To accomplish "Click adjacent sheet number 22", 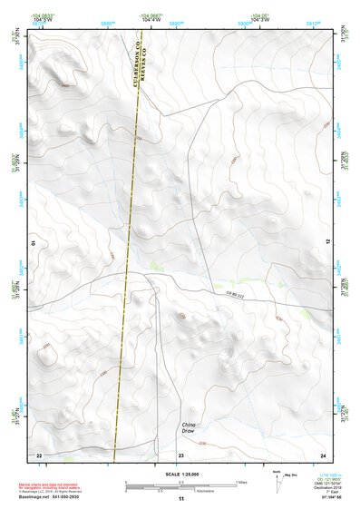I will pyautogui.click(x=38, y=454).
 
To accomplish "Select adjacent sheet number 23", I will pyautogui.click(x=180, y=454).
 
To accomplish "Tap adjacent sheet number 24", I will pyautogui.click(x=322, y=454).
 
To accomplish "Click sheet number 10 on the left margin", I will pyautogui.click(x=34, y=243).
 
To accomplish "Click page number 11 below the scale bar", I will pyautogui.click(x=180, y=499).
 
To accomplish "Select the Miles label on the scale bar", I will pyautogui.click(x=240, y=482).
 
